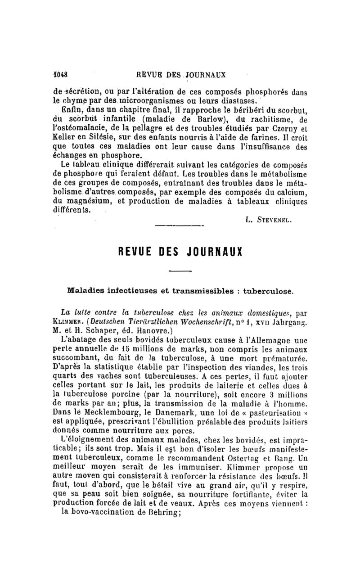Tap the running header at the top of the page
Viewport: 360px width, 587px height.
[183, 74]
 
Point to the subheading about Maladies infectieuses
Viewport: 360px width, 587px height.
[180, 291]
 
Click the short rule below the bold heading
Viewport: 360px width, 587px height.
[180, 271]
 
